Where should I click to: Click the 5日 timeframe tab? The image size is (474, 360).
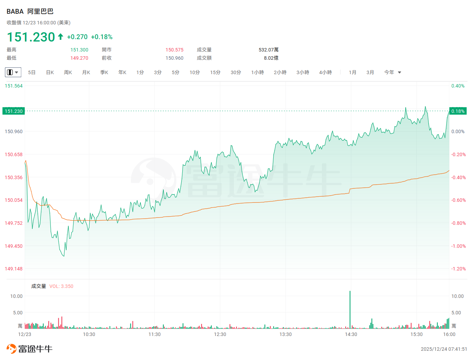32,72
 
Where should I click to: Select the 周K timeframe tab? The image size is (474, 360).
68,72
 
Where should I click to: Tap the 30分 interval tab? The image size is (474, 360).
236,72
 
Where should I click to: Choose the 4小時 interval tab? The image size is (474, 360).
325,72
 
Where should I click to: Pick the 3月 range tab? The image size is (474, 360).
370,72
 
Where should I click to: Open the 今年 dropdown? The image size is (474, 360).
393,72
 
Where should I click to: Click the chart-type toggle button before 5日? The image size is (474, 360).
13,72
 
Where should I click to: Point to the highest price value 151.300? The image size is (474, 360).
79,50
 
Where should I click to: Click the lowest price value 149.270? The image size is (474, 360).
79,58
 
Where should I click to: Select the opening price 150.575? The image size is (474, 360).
174,50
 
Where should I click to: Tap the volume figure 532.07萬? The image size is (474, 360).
268,50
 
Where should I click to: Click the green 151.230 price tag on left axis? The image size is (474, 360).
14,111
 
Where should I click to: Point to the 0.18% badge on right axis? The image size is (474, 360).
458,111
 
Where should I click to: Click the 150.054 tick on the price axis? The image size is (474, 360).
14,200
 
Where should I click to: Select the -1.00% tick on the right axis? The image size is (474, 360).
459,246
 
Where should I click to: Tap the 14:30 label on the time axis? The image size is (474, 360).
351,334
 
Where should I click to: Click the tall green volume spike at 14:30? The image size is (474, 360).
350,309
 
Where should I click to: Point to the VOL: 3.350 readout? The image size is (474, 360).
61,286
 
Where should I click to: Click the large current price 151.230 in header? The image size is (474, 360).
31,37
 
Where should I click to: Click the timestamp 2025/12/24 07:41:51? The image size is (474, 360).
444,349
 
